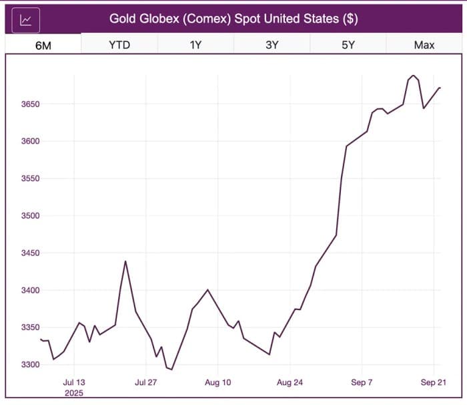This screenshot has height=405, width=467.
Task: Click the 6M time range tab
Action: pyautogui.click(x=43, y=45)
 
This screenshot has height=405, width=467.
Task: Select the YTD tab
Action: pyautogui.click(x=119, y=45)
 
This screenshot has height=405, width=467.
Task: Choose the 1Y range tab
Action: pyautogui.click(x=196, y=45)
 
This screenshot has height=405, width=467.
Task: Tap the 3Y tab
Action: pyautogui.click(x=272, y=45)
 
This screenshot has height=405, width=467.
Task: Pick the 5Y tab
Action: pyautogui.click(x=348, y=45)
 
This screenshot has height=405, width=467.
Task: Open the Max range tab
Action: pyautogui.click(x=424, y=45)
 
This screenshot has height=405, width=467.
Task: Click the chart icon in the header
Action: pyautogui.click(x=26, y=19)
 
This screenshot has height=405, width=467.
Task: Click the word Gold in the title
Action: pyautogui.click(x=123, y=19)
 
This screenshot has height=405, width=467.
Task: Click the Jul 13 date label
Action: pyautogui.click(x=74, y=383)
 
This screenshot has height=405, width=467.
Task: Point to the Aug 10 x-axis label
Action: pyautogui.click(x=217, y=383)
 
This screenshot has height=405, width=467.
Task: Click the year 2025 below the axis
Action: pyautogui.click(x=74, y=393)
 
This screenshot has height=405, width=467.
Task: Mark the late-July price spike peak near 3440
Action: pyautogui.click(x=125, y=261)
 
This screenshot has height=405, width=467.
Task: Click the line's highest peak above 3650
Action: pyautogui.click(x=413, y=76)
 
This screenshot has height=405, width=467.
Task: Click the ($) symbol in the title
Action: pyautogui.click(x=350, y=19)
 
